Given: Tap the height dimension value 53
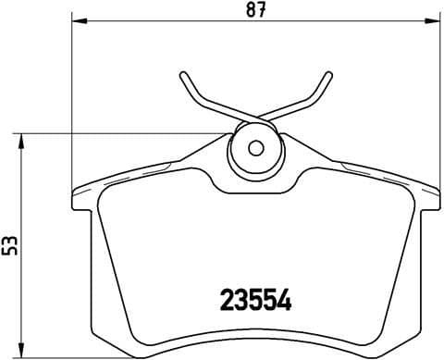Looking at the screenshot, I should pos(9,245).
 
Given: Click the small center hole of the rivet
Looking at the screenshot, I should pos(257,147).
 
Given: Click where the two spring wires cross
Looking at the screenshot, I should pos(256,118).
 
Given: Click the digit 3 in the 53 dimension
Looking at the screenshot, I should pos(9,239).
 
